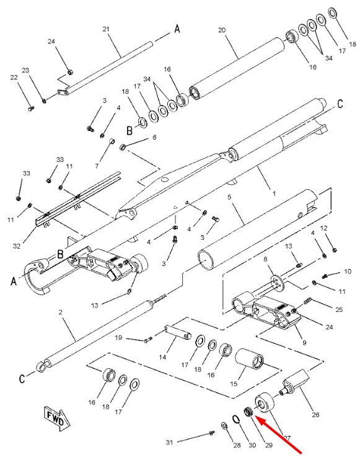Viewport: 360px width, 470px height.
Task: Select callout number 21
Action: click(x=106, y=29)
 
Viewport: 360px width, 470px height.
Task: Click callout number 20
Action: click(x=222, y=30)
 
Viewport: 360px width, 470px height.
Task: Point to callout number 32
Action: click(x=17, y=246)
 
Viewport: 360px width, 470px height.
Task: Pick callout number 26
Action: click(x=315, y=415)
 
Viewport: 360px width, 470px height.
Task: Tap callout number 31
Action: click(x=170, y=442)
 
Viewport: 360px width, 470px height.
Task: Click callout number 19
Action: click(x=118, y=337)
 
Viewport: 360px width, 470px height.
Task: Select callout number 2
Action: click(x=60, y=313)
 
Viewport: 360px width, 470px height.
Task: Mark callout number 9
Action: click(x=304, y=343)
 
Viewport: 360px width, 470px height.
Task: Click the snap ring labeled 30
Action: click(x=236, y=419)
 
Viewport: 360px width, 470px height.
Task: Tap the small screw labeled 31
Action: click(x=212, y=433)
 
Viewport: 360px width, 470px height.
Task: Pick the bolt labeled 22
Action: click(x=31, y=109)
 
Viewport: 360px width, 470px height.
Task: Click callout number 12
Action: click(x=324, y=228)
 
